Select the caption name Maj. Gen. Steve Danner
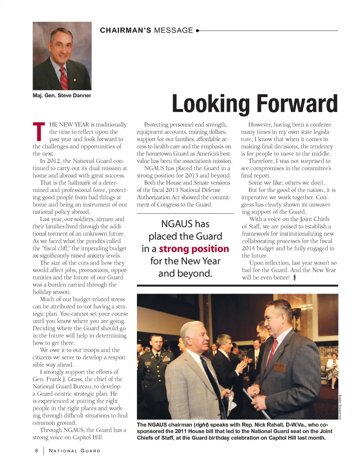pos(62,96)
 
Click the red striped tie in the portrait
pos(64,78)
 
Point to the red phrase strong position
pos(194,249)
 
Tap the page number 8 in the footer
pos(36,451)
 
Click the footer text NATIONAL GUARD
pos(75,451)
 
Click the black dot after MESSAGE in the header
pos(198,31)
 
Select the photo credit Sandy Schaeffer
pos(340,407)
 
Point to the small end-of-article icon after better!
pos(295,277)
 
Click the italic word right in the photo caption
pos(201,425)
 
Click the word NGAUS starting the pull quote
pos(174,224)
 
